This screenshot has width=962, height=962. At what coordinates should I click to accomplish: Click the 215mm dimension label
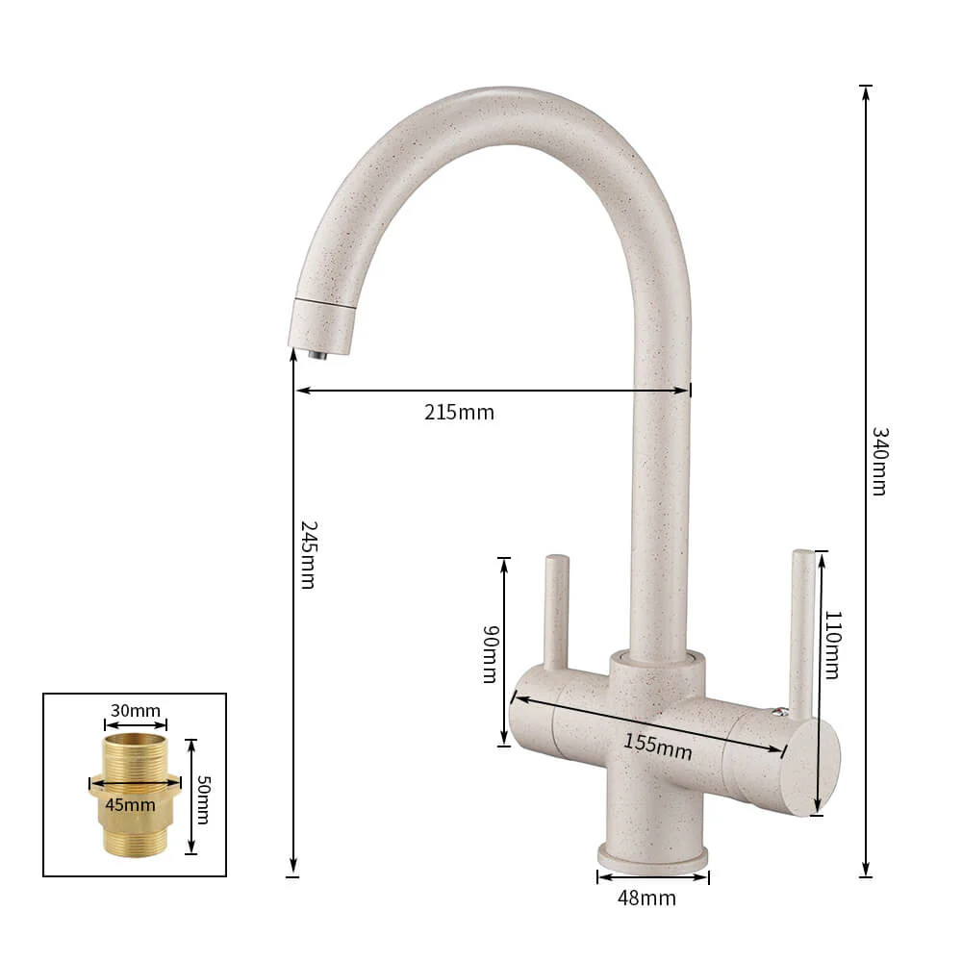pos(459,413)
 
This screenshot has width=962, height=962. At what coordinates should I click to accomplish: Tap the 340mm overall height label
pos(878,461)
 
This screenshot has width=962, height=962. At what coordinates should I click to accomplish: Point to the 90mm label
pos(490,654)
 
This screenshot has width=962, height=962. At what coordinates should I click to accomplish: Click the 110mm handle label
pos(832,645)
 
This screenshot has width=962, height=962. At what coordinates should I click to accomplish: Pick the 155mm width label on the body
pos(657,746)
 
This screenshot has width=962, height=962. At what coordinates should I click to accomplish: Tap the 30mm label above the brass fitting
pos(136,711)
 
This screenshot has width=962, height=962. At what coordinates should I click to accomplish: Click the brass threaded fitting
pos(135,794)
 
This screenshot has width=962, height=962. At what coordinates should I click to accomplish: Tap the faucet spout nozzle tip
pos(316,353)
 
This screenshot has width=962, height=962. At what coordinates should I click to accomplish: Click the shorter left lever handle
pos(556,611)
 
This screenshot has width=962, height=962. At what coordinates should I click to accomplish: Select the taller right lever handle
pos(801,625)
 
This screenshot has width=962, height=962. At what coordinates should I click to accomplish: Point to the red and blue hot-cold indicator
pos(779,712)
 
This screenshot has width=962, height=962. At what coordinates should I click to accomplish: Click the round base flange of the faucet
pos(653,854)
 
